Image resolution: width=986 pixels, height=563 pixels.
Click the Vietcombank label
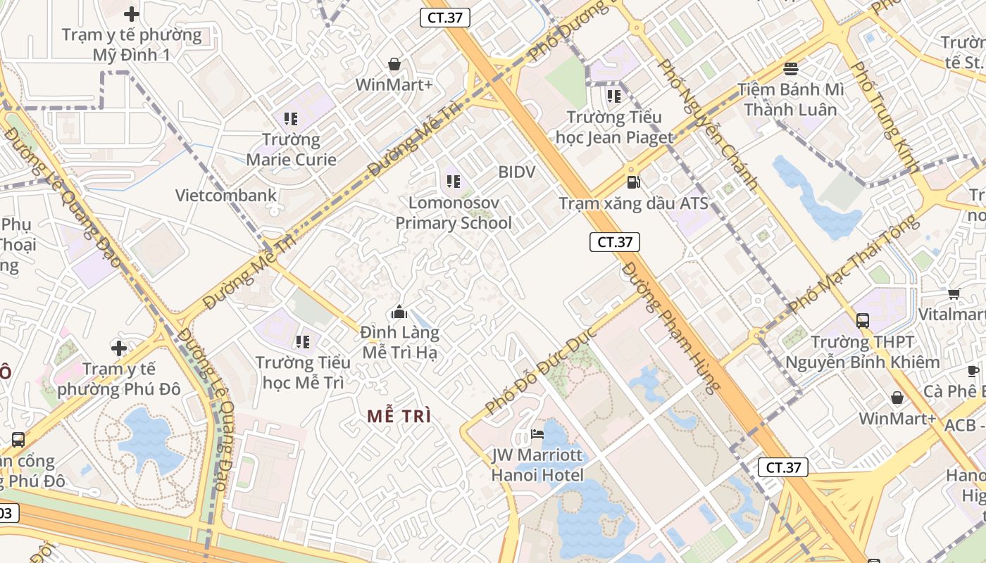pyautogui.click(x=226, y=195)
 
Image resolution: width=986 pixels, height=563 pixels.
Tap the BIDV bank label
pyautogui.click(x=517, y=172)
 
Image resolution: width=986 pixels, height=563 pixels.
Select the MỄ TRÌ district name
pyautogui.click(x=399, y=416)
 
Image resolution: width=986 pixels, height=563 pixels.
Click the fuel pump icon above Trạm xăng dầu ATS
pyautogui.click(x=633, y=182)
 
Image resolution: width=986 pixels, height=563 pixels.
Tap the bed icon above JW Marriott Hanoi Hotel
pyautogui.click(x=537, y=434)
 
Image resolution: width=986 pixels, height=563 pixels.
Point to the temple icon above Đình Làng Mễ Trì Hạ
pyautogui.click(x=399, y=311)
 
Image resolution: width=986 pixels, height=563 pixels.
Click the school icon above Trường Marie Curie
pyautogui.click(x=291, y=119)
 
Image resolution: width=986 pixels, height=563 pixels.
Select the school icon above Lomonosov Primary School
pyautogui.click(x=453, y=182)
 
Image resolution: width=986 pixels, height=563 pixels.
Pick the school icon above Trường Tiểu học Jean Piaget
pyautogui.click(x=614, y=96)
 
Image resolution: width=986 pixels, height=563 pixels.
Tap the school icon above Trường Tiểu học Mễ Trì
pyautogui.click(x=303, y=342)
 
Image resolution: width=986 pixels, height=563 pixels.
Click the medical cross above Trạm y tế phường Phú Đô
pyautogui.click(x=119, y=348)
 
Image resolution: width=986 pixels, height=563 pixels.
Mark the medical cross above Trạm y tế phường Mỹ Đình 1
pyautogui.click(x=132, y=13)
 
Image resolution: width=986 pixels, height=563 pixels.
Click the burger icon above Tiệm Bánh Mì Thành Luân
pyautogui.click(x=791, y=69)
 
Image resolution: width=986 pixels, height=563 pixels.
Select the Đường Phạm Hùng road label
pyautogui.click(x=673, y=327)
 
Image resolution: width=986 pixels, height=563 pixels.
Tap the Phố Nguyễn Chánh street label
pyautogui.click(x=707, y=125)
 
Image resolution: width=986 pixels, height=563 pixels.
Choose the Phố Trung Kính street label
pyautogui.click(x=885, y=117)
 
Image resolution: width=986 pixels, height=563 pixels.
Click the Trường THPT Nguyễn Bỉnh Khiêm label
pyautogui.click(x=862, y=352)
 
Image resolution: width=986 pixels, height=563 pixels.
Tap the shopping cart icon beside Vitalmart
pyautogui.click(x=954, y=293)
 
